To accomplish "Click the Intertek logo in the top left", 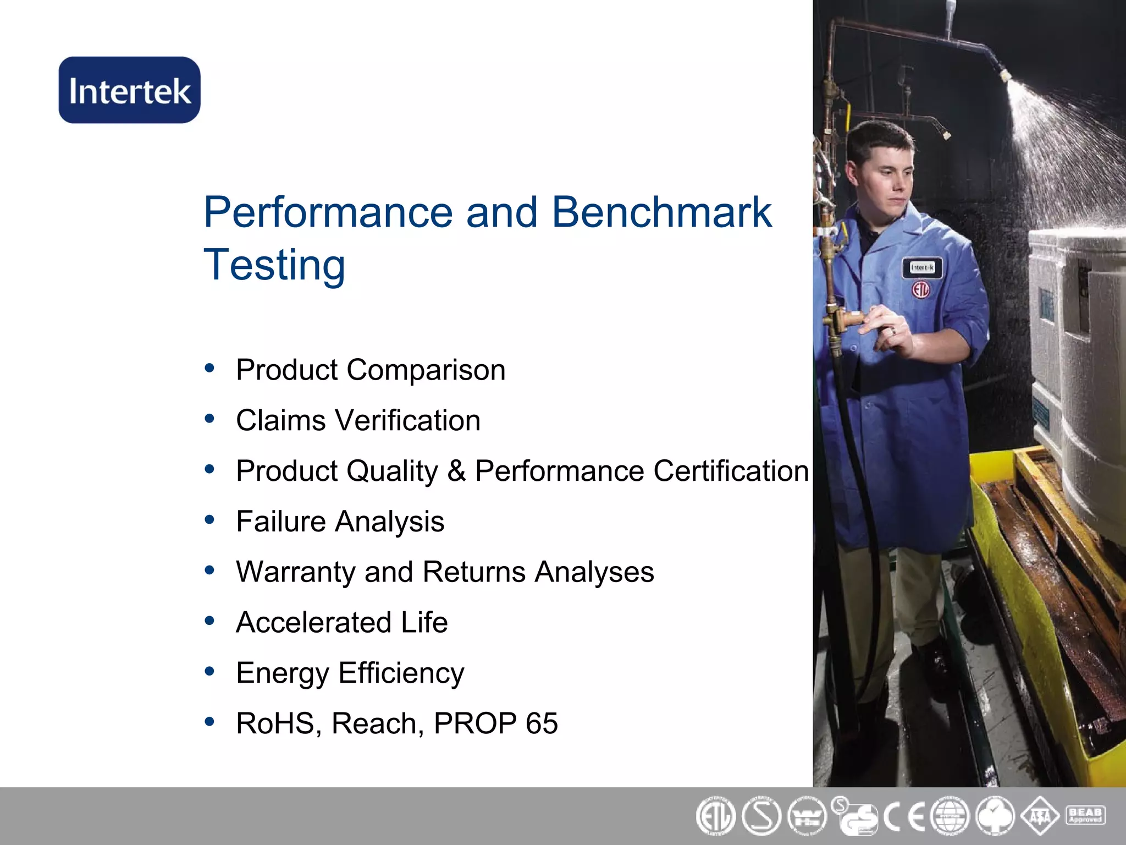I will [130, 90].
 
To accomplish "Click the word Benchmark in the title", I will [661, 212].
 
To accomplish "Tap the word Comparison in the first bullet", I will [426, 370].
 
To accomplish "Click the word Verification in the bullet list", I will [407, 421].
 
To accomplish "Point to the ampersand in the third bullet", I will [456, 471].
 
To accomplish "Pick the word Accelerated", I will [313, 623].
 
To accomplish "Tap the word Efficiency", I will [401, 673].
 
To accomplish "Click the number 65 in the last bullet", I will [542, 723].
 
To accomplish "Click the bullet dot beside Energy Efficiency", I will [209, 672].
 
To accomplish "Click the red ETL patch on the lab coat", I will [921, 289].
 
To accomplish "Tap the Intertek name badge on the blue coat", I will [922, 268].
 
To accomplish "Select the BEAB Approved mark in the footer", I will [1085, 815].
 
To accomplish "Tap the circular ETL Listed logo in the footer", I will [715, 816].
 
